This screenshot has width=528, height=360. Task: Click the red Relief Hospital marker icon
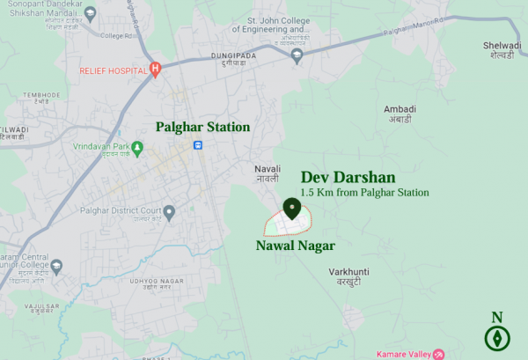pyautogui.click(x=155, y=69)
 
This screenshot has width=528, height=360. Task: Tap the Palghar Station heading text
pyautogui.click(x=202, y=127)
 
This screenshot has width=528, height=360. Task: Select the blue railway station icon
pyautogui.click(x=200, y=146)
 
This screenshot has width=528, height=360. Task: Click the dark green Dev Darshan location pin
pyautogui.click(x=292, y=209)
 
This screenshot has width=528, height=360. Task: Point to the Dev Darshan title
pyautogui.click(x=348, y=177)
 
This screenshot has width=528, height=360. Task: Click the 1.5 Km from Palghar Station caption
pyautogui.click(x=364, y=192)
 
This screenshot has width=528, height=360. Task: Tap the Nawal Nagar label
pyautogui.click(x=295, y=246)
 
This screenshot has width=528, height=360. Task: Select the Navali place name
pyautogui.click(x=267, y=173)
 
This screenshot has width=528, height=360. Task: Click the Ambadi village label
pyautogui.click(x=399, y=114)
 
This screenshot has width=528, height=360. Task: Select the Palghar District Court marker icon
pyautogui.click(x=169, y=210)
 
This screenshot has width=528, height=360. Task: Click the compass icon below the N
pyautogui.click(x=497, y=337)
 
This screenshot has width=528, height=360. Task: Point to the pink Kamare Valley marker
pyautogui.click(x=438, y=354)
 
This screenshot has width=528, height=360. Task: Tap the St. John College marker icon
pyautogui.click(x=297, y=55)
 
